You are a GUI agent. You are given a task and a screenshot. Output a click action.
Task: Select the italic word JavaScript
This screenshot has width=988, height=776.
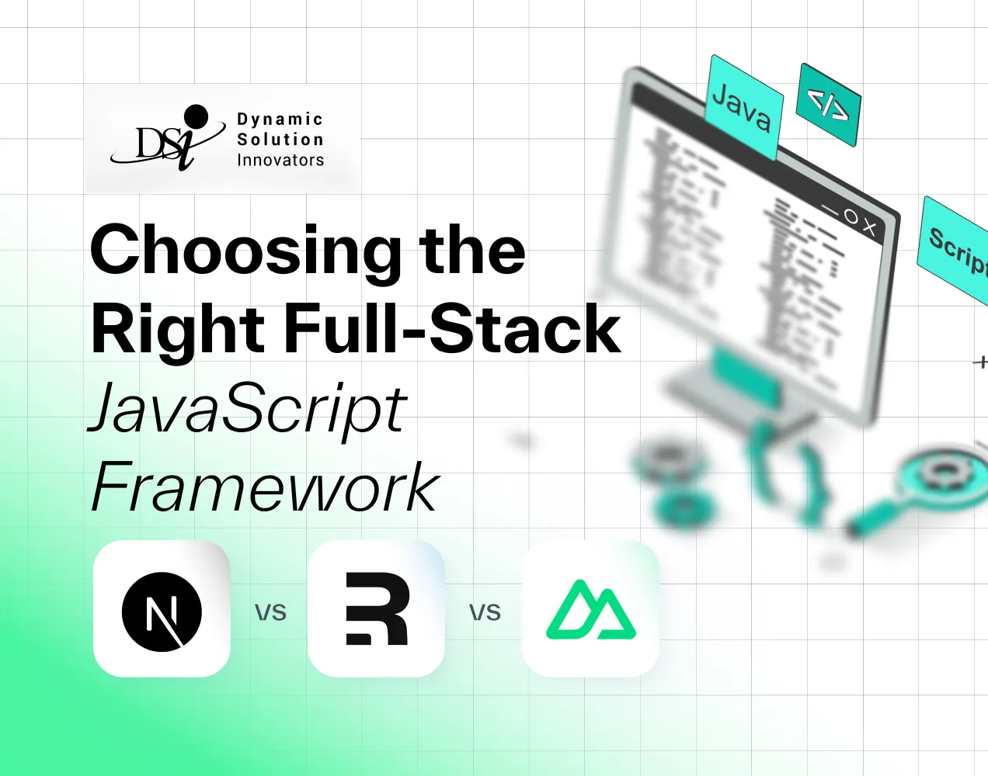click(249, 410)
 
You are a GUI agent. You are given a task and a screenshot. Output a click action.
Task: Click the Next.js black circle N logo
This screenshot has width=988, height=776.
click(162, 611)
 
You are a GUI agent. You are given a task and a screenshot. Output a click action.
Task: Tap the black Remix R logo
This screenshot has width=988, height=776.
click(377, 609)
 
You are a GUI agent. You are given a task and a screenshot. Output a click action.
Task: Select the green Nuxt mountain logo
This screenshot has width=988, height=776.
click(591, 610)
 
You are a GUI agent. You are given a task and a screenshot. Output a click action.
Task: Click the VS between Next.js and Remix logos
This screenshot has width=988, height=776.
click(270, 613)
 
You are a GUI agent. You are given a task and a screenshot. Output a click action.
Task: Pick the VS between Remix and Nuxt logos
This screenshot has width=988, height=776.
click(485, 613)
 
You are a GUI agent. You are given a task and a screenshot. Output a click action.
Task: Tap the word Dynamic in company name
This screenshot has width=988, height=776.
click(280, 120)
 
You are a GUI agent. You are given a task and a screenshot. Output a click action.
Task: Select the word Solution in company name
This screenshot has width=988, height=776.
click(280, 140)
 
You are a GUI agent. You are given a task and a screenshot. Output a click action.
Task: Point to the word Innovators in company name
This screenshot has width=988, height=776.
click(280, 160)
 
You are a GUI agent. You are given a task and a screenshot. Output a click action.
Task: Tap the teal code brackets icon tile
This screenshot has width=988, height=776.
click(829, 105)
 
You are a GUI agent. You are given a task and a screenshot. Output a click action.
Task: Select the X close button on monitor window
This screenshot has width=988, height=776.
click(869, 228)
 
